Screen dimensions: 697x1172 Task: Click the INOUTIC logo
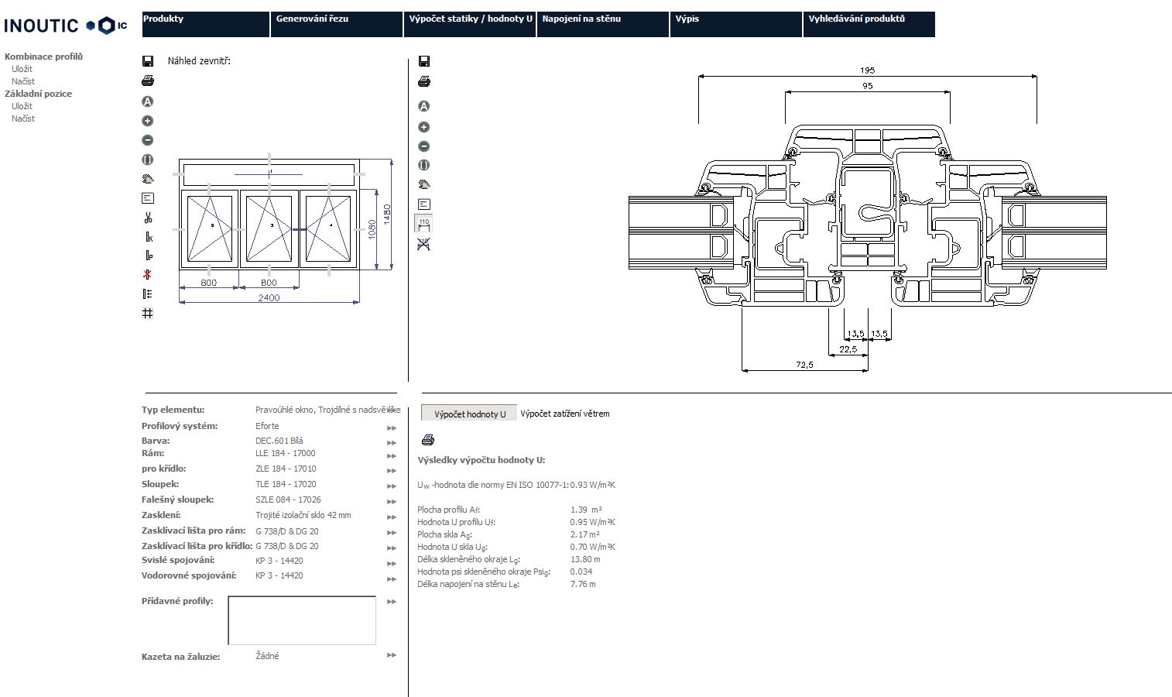(65, 26)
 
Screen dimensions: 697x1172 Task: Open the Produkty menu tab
(205, 23)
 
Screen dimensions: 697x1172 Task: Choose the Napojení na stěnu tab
(602, 23)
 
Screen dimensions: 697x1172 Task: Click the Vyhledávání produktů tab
(868, 23)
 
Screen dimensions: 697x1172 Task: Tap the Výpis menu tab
(735, 23)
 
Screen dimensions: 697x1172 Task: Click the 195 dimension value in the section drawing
(867, 70)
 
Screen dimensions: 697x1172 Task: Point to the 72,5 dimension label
(804, 365)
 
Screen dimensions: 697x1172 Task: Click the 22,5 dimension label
(848, 349)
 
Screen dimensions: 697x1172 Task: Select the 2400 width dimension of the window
(269, 297)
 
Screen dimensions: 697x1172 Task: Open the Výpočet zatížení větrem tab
(564, 414)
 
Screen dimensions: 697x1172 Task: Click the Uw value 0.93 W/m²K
(592, 485)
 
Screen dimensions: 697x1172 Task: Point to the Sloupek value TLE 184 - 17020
(286, 484)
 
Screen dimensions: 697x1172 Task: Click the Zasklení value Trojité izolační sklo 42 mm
(303, 515)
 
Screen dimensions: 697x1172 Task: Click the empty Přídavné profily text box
(302, 620)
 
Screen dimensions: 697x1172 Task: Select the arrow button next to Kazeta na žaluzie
(391, 656)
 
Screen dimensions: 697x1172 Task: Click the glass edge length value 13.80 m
(585, 559)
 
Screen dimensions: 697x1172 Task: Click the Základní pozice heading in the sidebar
(38, 94)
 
